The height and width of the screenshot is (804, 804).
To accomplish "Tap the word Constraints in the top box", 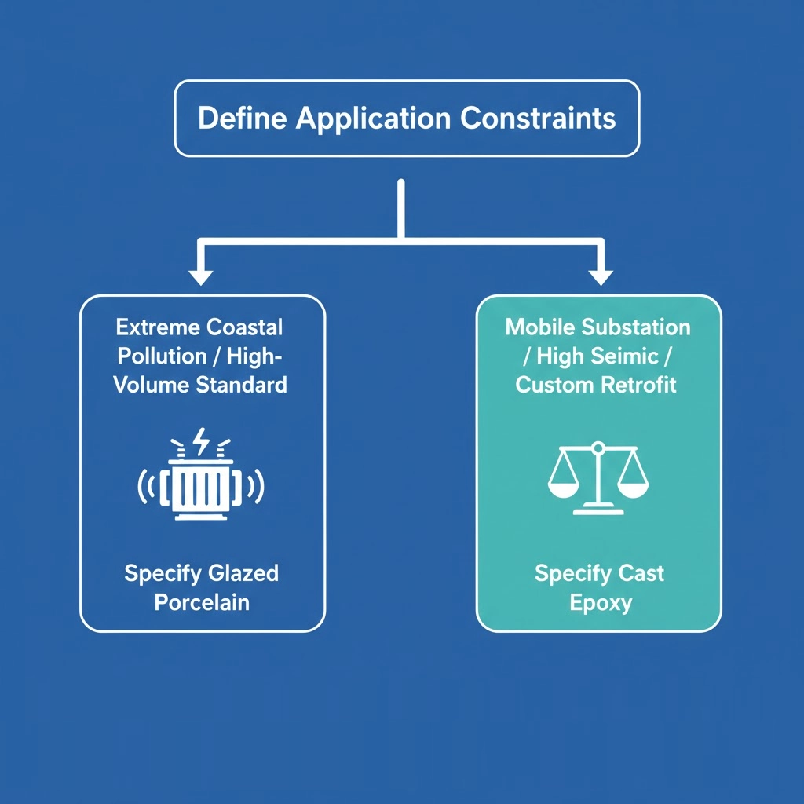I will pos(538,119).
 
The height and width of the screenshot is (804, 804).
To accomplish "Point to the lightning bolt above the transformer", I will pos(202,442).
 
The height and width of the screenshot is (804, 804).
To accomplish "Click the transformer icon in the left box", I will pos(202,487).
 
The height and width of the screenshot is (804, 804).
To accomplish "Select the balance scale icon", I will pos(598,478).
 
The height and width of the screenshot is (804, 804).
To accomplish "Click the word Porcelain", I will pos(202,602).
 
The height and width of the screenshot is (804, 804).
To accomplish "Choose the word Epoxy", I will pos(600,602).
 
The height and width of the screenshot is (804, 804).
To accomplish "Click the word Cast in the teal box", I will pos(640,573).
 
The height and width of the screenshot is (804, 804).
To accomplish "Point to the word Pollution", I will pos(162,355).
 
